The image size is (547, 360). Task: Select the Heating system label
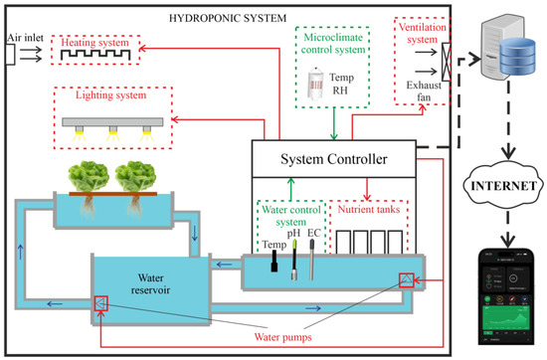tap(95, 43)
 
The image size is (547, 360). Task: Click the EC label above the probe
tap(313, 234)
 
